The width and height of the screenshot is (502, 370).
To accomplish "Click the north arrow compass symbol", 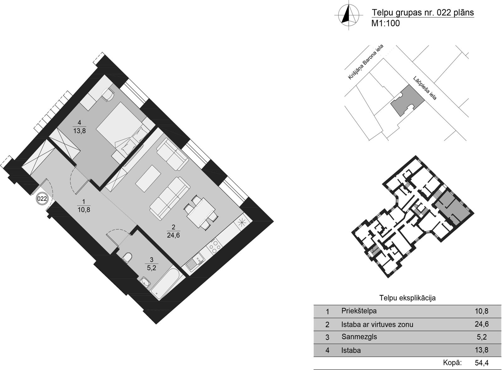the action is pos(349,15).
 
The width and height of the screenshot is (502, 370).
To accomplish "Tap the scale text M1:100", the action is pos(386,23).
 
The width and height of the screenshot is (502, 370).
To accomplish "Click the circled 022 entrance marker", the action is pos(42,199).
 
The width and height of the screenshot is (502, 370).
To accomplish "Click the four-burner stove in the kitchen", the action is pos(214,245).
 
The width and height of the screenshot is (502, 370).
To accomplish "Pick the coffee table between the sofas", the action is pos(148,178).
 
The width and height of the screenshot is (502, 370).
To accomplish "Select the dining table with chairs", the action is pos(201,212).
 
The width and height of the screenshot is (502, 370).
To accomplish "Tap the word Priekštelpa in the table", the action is pos(359,311).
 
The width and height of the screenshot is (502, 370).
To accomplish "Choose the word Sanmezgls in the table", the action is pos(359,337).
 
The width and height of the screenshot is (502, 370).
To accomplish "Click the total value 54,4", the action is pos(482,362).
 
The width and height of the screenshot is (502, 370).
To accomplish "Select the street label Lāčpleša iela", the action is pos(425,88).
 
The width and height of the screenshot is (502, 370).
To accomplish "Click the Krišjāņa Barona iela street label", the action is pos(366,62).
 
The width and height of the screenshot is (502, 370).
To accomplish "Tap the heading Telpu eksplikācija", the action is pos(408,298).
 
